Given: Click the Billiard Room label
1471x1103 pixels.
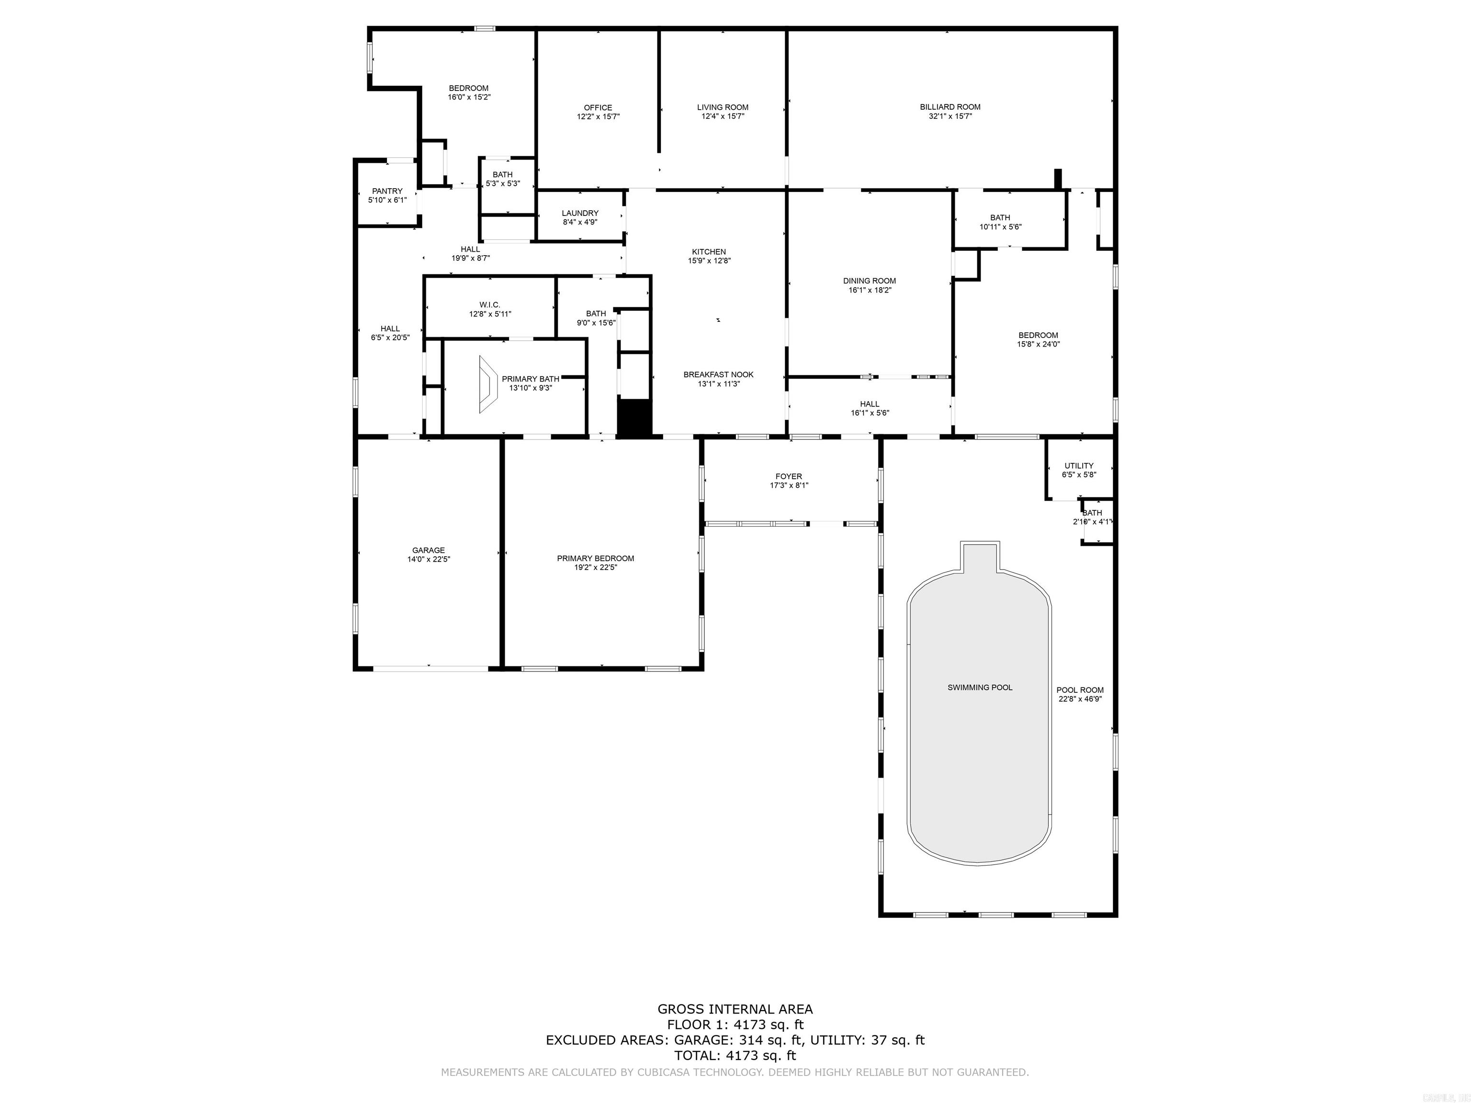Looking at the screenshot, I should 950,106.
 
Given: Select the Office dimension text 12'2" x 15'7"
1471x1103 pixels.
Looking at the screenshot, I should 598,116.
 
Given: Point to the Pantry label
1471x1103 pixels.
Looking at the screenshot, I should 387,191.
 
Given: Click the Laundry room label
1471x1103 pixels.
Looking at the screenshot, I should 580,213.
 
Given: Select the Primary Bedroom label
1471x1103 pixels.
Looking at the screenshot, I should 595,558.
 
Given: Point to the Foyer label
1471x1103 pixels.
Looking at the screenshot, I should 789,476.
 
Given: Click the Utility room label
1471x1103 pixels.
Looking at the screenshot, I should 1079,465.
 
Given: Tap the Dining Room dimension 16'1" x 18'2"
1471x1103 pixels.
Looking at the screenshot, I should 869,290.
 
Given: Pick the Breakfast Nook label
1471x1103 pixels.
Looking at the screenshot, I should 718,374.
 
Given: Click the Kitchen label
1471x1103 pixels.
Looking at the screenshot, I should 709,251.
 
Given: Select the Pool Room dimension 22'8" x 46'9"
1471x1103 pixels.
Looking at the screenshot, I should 1080,699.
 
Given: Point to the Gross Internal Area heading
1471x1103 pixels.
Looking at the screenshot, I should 735,1009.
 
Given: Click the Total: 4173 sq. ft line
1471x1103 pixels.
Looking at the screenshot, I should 735,1055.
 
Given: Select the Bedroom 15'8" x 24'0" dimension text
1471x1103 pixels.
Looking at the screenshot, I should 1038,344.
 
